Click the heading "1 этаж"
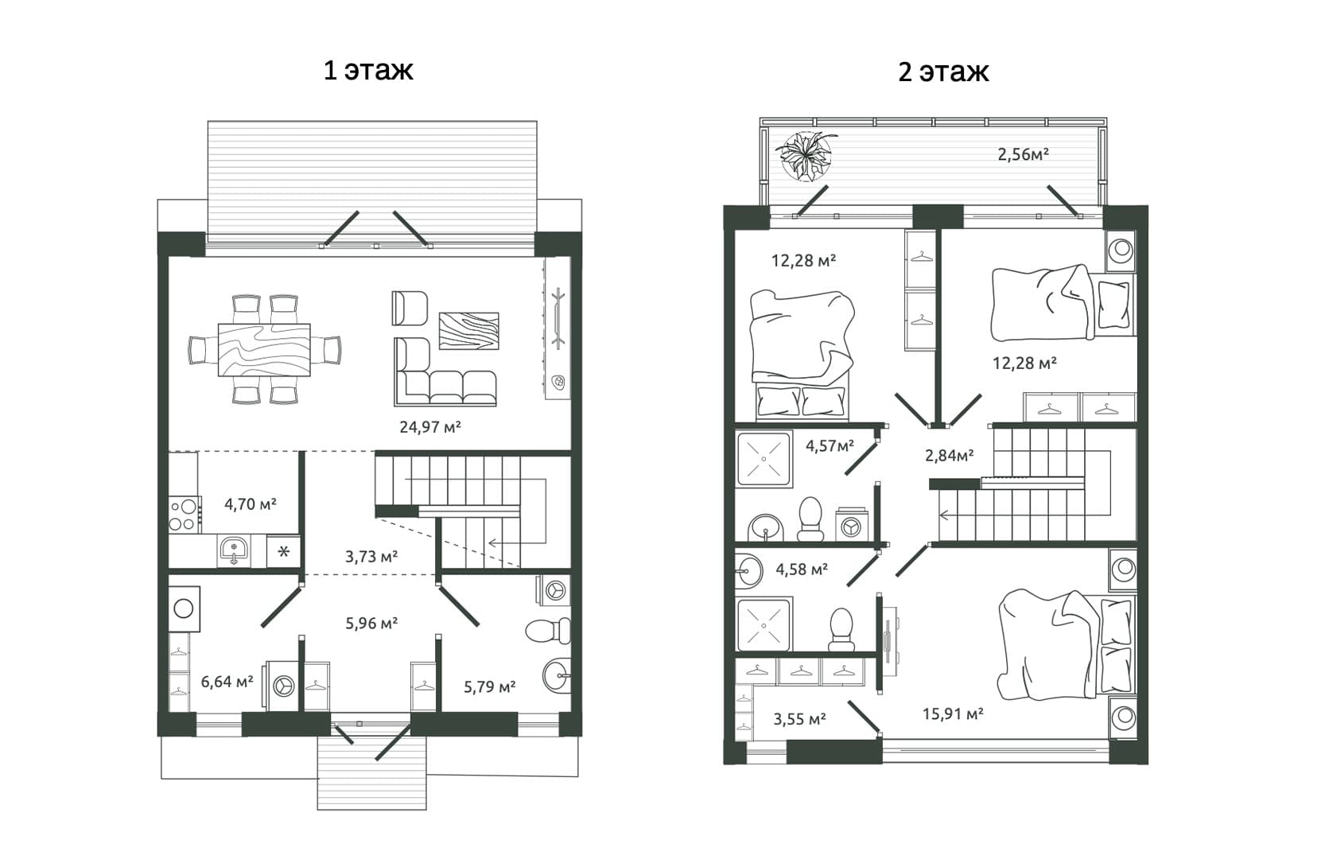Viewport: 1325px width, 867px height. (x=368, y=70)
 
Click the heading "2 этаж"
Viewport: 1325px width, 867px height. (x=943, y=72)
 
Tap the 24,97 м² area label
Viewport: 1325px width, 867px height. (x=430, y=426)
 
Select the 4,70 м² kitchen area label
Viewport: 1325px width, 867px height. (x=251, y=503)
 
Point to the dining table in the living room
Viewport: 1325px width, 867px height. (x=264, y=349)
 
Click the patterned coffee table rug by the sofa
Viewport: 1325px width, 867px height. (x=468, y=331)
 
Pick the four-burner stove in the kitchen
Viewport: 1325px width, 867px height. (x=184, y=515)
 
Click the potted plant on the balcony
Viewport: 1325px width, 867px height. (x=806, y=156)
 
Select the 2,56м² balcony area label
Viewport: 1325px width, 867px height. (x=1023, y=154)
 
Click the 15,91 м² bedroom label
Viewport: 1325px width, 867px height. (x=952, y=713)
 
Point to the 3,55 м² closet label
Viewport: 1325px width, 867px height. (x=800, y=718)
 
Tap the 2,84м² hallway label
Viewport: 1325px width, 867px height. (x=949, y=455)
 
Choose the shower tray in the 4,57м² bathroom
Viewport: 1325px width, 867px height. (x=764, y=459)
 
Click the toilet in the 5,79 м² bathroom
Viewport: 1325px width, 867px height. (x=548, y=631)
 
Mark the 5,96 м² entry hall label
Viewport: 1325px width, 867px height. (x=371, y=623)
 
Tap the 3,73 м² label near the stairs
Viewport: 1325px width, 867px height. (x=371, y=556)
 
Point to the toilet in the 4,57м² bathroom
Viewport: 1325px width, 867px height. (x=810, y=519)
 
